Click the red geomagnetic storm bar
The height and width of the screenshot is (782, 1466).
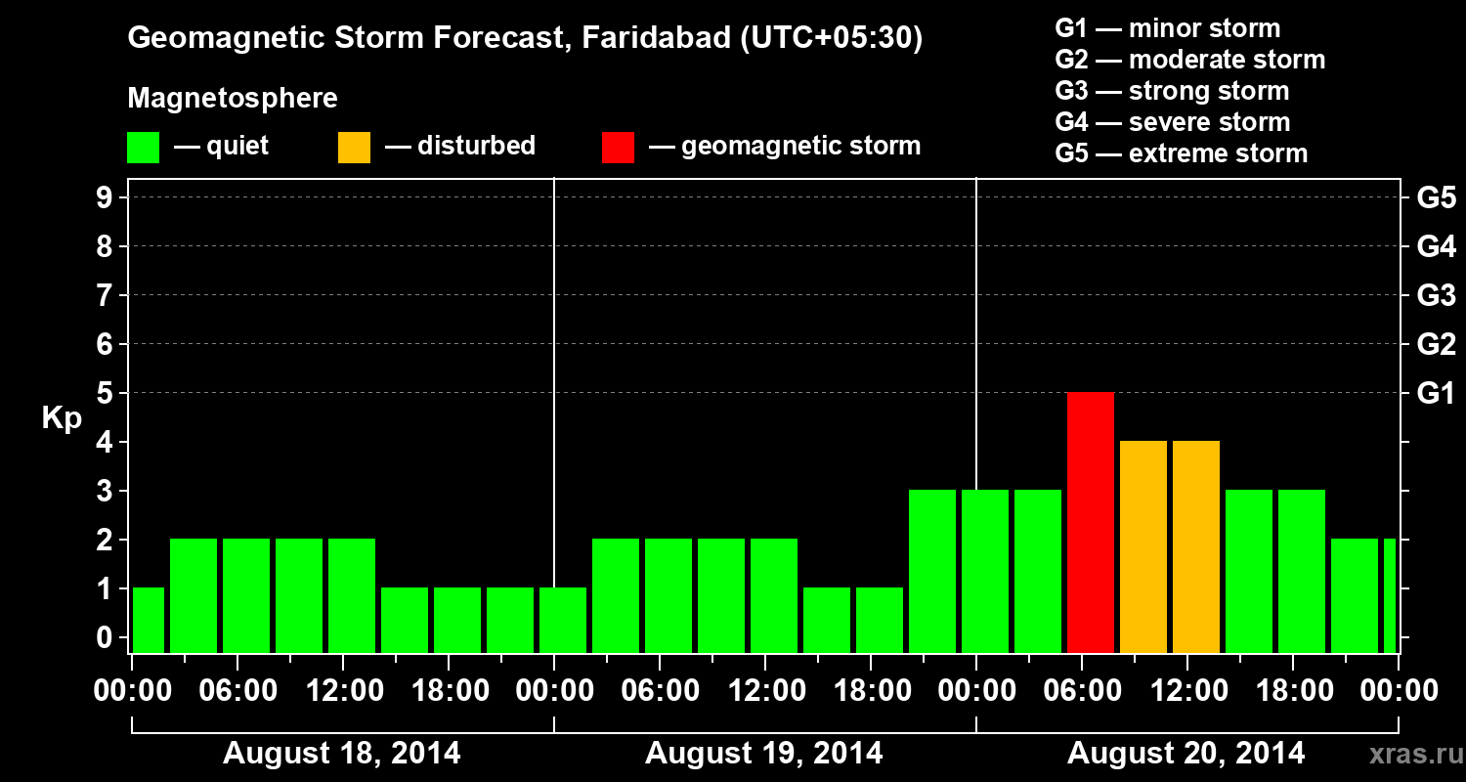coord(1091,522)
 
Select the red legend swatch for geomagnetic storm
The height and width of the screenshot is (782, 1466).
coord(618,147)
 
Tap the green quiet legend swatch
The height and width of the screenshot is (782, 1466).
coord(143,147)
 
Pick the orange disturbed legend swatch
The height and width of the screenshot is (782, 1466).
coord(354,147)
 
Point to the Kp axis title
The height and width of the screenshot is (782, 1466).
coord(61,417)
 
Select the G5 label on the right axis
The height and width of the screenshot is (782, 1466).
coord(1436,197)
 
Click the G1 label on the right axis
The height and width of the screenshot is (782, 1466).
coord(1436,393)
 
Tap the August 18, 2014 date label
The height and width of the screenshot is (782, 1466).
coord(342,754)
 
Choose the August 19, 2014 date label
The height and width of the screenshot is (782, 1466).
coord(764,754)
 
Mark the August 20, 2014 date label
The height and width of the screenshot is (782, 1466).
coord(1186,754)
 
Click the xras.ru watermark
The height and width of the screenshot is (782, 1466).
coord(1408,754)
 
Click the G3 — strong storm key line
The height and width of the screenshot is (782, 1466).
coord(1172,91)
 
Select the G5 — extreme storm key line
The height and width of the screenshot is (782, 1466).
coord(1181,153)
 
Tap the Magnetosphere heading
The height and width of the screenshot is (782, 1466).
coord(233,99)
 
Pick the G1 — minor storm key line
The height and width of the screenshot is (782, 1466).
coord(1167,28)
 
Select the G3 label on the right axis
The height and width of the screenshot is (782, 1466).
coord(1436,295)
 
